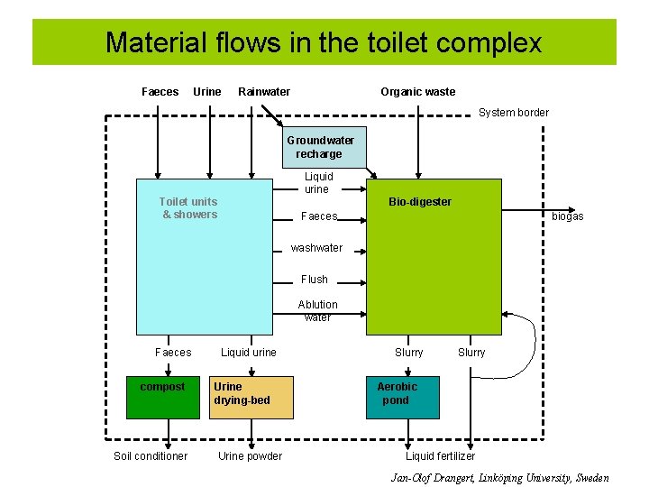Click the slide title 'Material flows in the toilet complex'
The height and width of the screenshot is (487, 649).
(x=324, y=42)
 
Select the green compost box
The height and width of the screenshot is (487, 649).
(x=162, y=398)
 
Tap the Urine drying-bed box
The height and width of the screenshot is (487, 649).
(x=251, y=398)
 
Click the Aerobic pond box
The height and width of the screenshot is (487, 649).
(x=402, y=398)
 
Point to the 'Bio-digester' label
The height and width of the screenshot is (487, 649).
(x=419, y=202)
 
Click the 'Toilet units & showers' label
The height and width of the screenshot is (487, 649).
(x=188, y=208)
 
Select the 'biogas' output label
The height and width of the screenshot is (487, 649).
(x=567, y=216)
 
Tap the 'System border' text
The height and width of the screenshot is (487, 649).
(x=513, y=113)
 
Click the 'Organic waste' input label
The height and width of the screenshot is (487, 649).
(x=417, y=92)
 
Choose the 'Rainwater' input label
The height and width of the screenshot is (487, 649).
(x=263, y=92)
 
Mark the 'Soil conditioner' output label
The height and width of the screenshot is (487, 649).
(x=151, y=456)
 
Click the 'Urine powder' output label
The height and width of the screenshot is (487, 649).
(x=250, y=456)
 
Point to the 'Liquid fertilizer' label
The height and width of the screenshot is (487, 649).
(x=440, y=456)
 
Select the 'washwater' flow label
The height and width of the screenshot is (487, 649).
(x=316, y=248)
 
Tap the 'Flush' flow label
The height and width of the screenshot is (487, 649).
(x=315, y=280)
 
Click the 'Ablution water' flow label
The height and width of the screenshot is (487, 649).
(x=317, y=311)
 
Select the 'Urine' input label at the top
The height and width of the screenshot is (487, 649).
(x=206, y=92)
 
